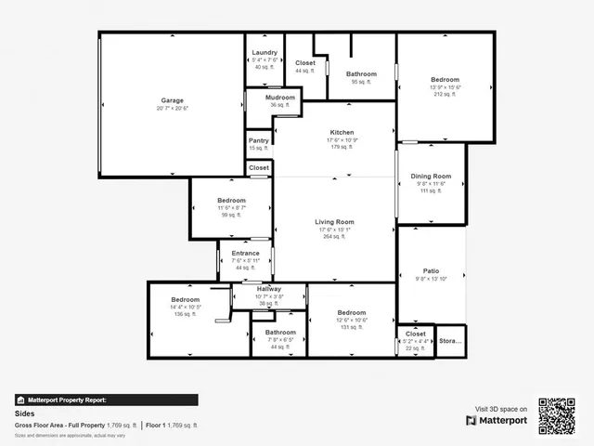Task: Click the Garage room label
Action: pos(172,100)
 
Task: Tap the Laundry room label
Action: pos(263,52)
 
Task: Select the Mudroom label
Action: pos(280,98)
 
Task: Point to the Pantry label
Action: pos(259,140)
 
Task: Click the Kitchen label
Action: pos(342,133)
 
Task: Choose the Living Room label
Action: pos(335,222)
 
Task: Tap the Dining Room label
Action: pos(433,177)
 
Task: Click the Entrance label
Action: pos(245,254)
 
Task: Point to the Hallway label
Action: pos(268,289)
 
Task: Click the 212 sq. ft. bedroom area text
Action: pos(445,94)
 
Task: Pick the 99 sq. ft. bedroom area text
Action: pos(231,215)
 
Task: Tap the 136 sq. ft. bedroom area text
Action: pos(186,313)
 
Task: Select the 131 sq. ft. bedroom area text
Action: pos(352,327)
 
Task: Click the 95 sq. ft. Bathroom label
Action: pos(361,74)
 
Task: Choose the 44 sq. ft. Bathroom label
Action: pos(280,333)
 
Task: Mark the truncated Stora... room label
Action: pos(450,341)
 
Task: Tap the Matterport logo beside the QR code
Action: pos(497,420)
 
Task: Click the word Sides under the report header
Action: pos(24,414)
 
